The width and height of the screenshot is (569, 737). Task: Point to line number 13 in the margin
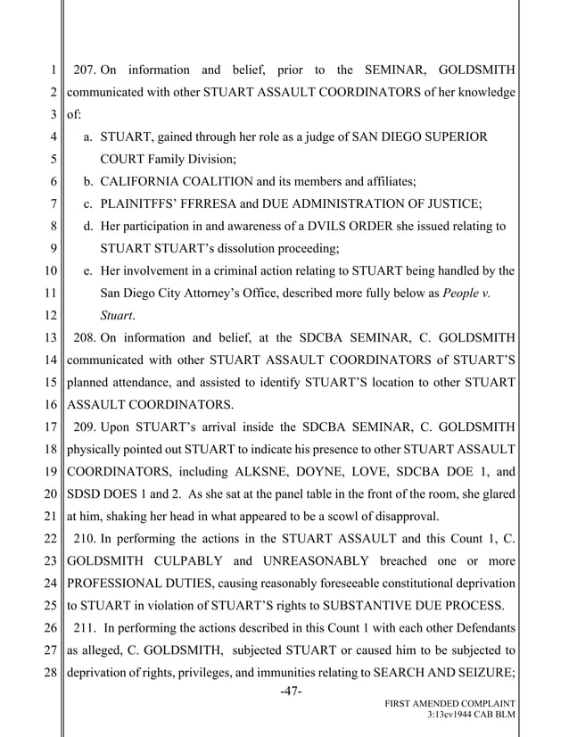53,338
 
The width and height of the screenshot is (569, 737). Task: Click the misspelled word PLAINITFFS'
142,204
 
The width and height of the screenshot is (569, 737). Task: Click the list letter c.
88,204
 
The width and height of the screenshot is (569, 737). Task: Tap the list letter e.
88,271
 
